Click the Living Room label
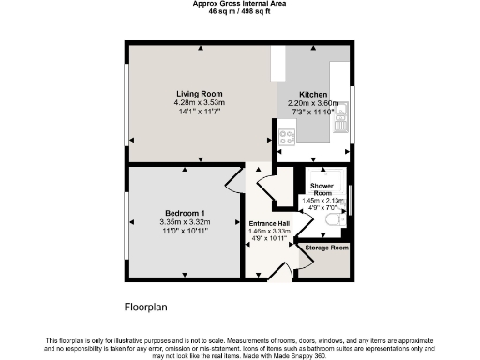click(199, 93)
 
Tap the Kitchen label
click(312, 95)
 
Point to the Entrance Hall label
click(268, 222)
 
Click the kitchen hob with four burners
click(286, 135)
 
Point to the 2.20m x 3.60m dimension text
click(312, 103)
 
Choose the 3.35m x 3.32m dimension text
click(186, 221)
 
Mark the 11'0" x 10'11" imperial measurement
click(186, 230)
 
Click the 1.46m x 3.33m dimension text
click(268, 231)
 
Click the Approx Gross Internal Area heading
click(239, 5)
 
